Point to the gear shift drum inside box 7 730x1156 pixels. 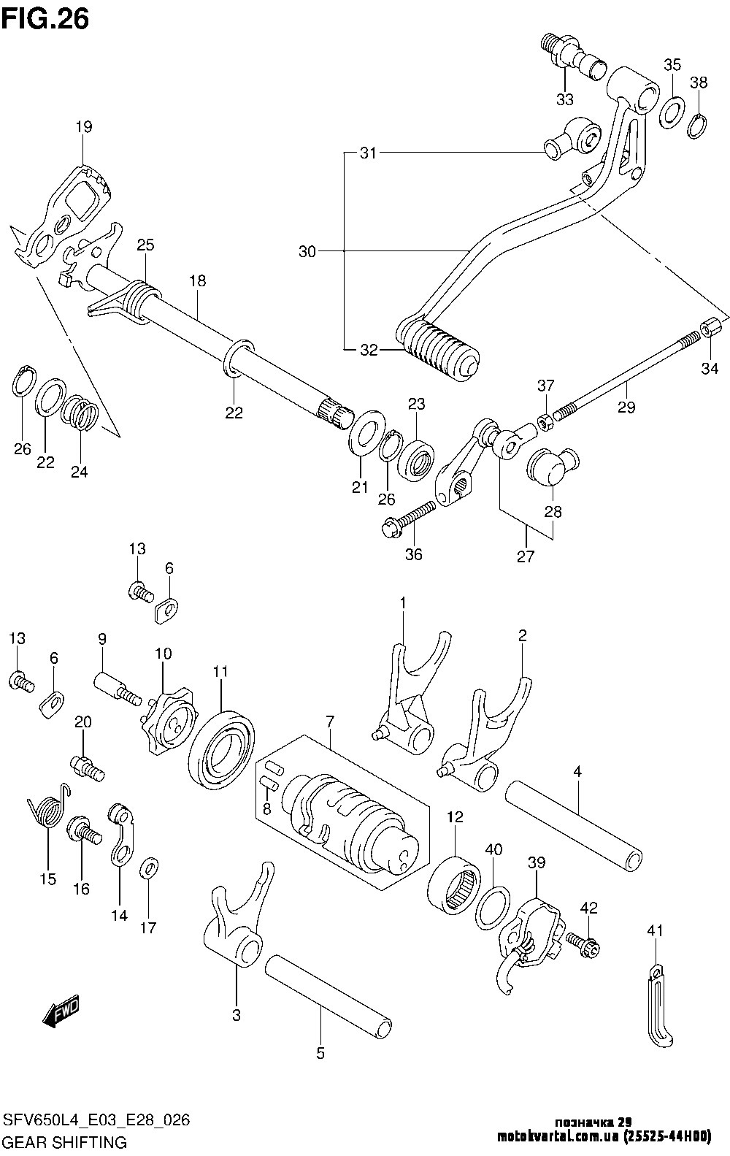click(350, 825)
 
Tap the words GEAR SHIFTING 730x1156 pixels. click(66, 1141)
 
